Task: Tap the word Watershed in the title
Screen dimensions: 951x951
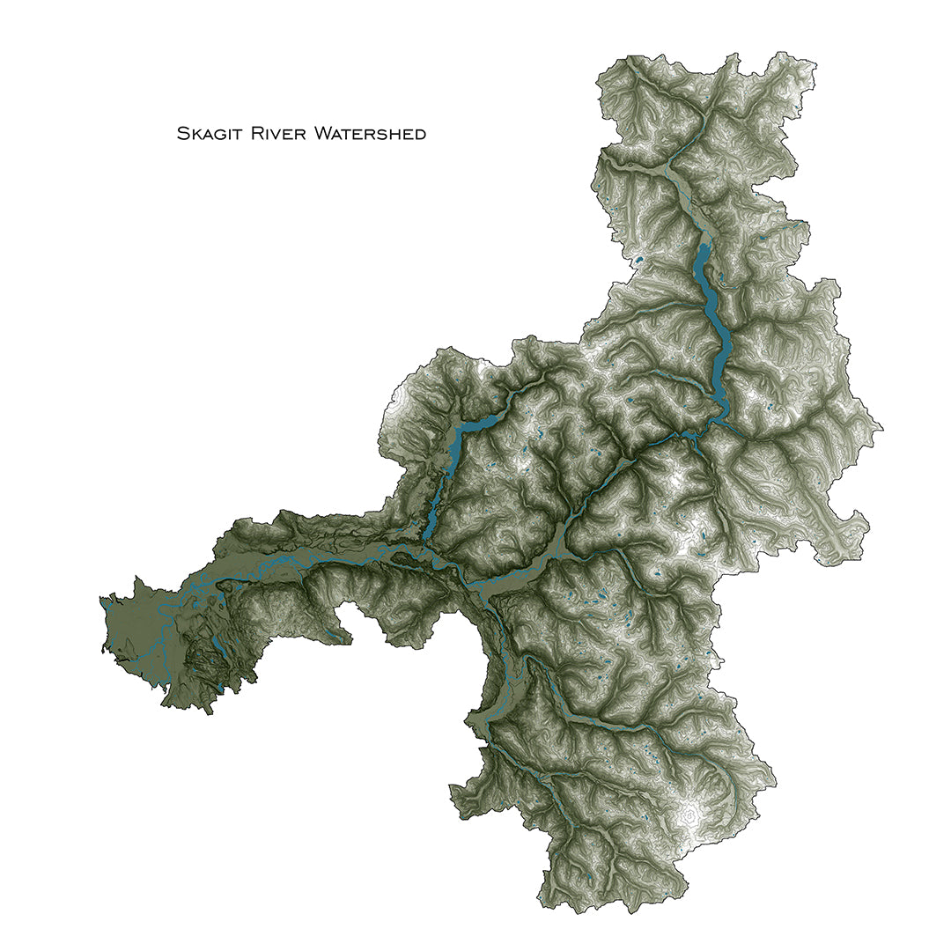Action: (371, 134)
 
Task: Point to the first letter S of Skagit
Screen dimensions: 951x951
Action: (182, 134)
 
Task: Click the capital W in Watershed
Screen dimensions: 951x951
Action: (322, 134)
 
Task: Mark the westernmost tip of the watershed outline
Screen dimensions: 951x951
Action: (100, 599)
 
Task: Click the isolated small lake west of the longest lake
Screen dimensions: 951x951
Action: (638, 261)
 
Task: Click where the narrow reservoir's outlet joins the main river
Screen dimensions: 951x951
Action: (424, 549)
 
